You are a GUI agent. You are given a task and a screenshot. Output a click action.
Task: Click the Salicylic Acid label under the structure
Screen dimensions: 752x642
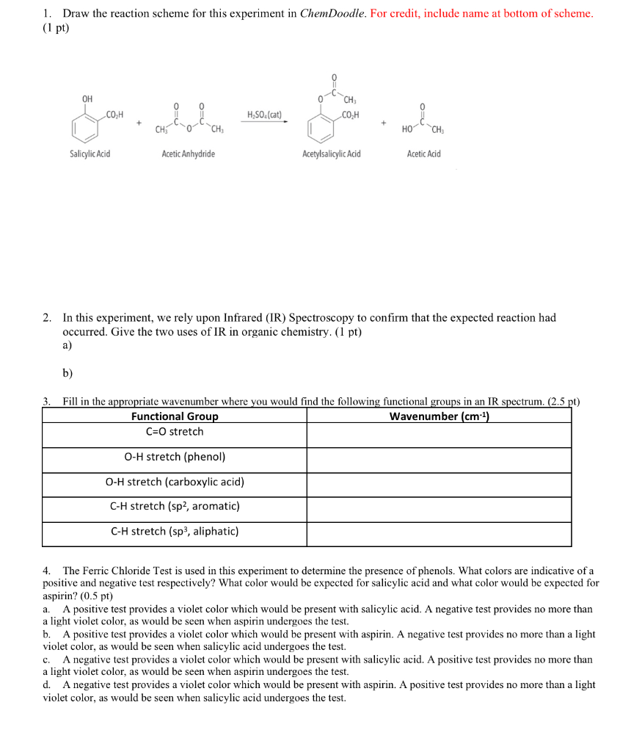click(90, 154)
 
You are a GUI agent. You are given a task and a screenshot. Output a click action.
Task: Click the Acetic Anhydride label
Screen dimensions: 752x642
click(189, 154)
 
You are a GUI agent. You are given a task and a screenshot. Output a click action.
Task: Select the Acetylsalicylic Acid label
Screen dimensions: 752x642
click(331, 154)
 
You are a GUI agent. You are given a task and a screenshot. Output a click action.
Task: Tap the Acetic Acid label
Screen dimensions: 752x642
click(424, 154)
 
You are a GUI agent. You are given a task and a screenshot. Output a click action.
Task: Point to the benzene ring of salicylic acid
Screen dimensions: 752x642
click(86, 129)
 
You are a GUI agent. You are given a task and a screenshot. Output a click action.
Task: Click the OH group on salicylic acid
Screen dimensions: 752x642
click(87, 99)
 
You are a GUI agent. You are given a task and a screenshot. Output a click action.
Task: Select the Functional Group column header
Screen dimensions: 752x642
click(175, 416)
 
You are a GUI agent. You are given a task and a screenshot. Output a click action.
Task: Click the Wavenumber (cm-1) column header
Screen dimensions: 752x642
click(439, 416)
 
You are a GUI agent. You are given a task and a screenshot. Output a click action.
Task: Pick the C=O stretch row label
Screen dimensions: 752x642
click(175, 432)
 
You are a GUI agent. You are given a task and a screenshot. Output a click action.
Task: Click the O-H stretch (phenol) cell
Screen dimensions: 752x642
click(175, 457)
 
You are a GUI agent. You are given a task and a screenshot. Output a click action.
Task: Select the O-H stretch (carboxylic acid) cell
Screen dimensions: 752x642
click(175, 482)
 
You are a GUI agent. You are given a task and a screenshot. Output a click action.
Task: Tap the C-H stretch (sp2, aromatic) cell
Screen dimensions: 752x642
click(175, 506)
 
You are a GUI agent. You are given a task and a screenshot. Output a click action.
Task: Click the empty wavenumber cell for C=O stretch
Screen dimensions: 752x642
click(439, 435)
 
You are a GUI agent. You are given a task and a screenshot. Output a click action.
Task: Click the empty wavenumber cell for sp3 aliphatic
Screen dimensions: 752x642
click(439, 534)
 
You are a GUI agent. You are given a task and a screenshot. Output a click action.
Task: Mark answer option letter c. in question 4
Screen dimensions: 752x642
click(46, 659)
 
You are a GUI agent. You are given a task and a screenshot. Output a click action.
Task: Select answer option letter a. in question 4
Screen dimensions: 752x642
click(46, 609)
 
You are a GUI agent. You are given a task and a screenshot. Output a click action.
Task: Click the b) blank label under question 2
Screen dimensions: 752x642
click(68, 373)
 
